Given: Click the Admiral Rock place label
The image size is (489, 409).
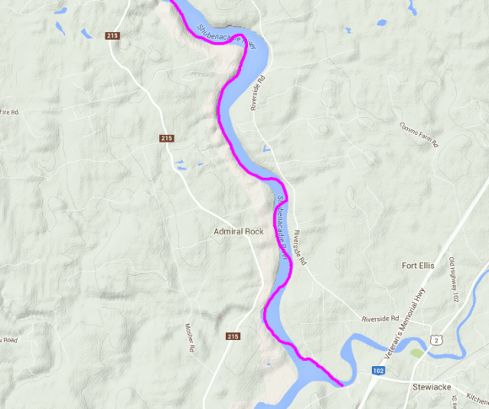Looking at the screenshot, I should pos(239,231).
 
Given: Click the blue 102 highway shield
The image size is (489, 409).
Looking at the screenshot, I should pos(378,369).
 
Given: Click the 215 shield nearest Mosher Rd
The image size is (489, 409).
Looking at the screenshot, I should pos(234,336).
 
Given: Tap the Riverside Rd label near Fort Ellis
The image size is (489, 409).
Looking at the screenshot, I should pos(379,319).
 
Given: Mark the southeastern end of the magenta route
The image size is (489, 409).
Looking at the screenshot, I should pos(341,385).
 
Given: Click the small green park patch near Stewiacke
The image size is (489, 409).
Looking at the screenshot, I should pos(416,352).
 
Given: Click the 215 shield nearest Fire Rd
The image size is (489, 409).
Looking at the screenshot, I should pos(167,138).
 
